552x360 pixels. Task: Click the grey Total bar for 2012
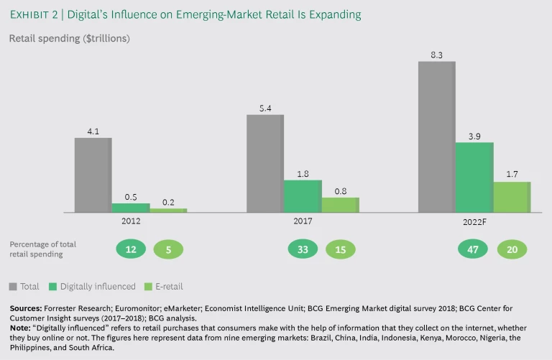point(93,175)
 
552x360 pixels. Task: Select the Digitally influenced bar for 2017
point(303,195)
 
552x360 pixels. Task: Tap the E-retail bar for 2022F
point(512,197)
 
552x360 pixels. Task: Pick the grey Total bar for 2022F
point(436,137)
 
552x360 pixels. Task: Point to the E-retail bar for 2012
point(167,210)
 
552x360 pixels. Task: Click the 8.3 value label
point(436,54)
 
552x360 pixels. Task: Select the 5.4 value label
point(264,108)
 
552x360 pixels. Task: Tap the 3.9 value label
point(474,136)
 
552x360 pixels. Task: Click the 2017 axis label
point(303,221)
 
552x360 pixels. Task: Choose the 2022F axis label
point(474,222)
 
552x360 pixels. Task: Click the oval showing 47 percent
point(474,249)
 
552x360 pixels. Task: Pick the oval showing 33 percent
point(303,249)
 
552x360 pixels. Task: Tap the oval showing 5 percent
point(168,249)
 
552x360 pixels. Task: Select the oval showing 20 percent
point(512,249)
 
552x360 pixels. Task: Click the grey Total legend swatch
point(13,287)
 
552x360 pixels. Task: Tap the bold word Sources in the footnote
point(28,308)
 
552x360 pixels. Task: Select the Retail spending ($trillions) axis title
point(69,38)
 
